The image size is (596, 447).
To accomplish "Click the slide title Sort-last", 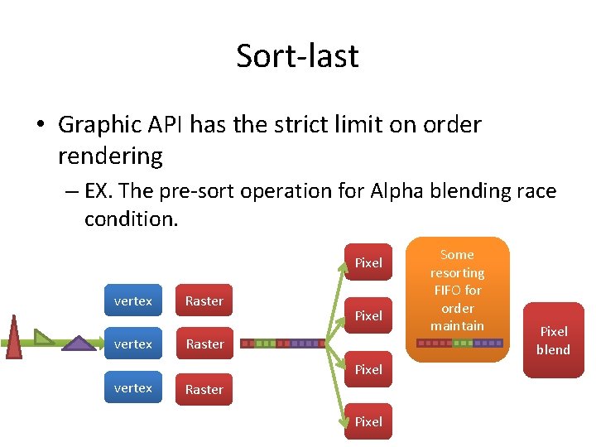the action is [x=297, y=55].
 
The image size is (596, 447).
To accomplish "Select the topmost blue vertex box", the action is [x=133, y=300].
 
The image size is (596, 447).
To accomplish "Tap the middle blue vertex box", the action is [x=133, y=344].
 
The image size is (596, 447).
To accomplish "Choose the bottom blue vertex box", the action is [x=133, y=387].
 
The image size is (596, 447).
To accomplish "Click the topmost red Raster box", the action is [x=204, y=300].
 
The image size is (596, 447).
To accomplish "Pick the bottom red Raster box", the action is [x=204, y=389].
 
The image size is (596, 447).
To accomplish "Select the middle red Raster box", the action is [x=204, y=344].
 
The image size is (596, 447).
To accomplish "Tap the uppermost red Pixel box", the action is [x=368, y=262].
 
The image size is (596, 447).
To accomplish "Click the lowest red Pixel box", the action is [x=368, y=421].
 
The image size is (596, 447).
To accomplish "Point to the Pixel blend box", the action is [x=553, y=340].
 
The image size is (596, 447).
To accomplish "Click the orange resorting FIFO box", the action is [x=457, y=298].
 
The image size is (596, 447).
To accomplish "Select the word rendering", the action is [x=110, y=155].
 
